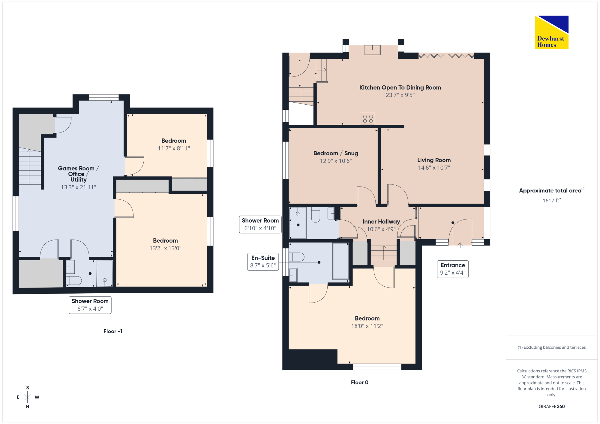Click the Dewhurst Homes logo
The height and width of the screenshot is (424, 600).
[x=551, y=32]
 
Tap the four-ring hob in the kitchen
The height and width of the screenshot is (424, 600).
[x=368, y=119]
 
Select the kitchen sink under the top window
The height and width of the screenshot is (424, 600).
[x=372, y=50]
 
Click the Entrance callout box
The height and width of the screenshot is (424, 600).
[x=453, y=269]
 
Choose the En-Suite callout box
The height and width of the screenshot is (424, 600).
[x=263, y=262]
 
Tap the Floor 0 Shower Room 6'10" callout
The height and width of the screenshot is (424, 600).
[x=260, y=224]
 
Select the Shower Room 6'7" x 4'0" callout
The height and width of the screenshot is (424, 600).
[x=90, y=305]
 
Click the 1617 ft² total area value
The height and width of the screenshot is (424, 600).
[x=552, y=200]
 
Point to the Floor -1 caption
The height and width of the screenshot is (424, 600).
[x=113, y=331]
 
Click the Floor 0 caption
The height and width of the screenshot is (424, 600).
[x=359, y=382]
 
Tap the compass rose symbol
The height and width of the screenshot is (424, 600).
[x=28, y=397]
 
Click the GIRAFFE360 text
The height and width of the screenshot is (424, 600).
[x=551, y=407]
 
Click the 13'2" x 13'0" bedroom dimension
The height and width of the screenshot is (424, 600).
[x=165, y=248]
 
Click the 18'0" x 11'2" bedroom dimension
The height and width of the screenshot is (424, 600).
[x=367, y=326]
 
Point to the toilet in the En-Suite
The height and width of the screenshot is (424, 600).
[x=297, y=257]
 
